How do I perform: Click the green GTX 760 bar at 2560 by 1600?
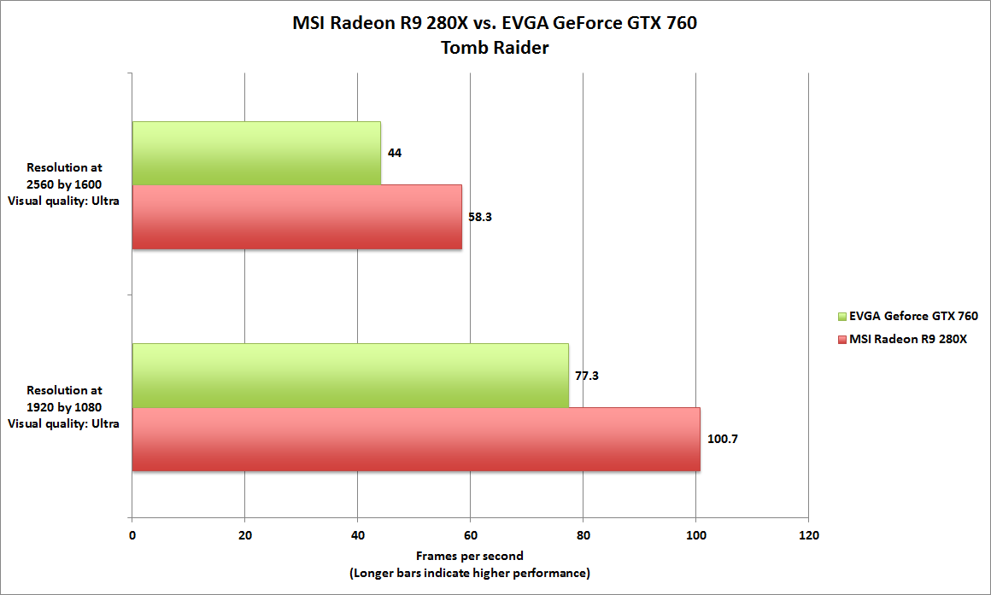point(256,153)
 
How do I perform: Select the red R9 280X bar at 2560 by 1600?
point(296,217)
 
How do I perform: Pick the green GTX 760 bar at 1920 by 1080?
point(350,375)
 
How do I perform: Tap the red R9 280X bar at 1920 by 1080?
point(416,439)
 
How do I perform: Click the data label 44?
point(395,154)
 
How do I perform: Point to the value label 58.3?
point(480,217)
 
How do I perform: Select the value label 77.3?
point(586,376)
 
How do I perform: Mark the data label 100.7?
point(722,440)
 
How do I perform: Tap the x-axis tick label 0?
point(132,535)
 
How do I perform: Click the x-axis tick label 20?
point(244,535)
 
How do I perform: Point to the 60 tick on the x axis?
point(470,535)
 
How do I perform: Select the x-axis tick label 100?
point(695,535)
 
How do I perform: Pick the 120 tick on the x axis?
point(808,535)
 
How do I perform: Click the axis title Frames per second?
point(469,557)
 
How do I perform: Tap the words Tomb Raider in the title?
point(495,48)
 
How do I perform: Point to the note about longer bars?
point(469,573)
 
